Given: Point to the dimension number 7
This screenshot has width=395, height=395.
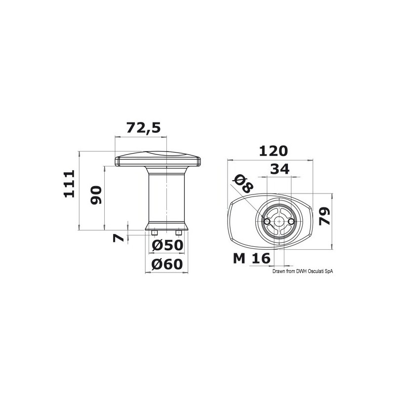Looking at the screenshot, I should (118, 237).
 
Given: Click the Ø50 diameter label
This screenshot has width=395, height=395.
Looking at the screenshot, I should (167, 245).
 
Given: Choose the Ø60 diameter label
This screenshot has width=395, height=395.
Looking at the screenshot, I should (167, 264).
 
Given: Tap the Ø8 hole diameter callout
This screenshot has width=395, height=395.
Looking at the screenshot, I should (242, 185).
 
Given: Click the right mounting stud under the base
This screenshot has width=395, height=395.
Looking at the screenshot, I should (178, 232).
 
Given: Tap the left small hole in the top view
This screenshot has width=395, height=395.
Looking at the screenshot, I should (267, 223).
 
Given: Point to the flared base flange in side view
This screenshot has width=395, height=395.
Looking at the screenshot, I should (166, 227).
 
